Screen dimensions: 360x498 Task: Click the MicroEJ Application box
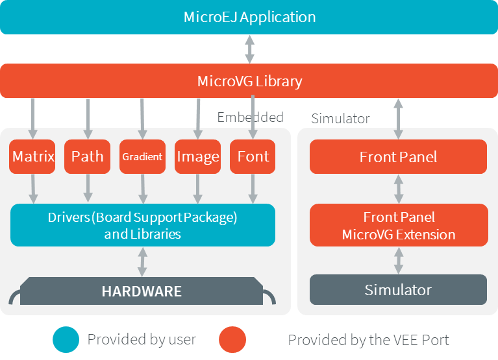coord(249,17)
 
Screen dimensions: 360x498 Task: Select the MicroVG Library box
coord(249,81)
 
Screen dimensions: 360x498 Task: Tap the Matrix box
coord(32,157)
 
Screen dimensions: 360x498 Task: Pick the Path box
coord(87,157)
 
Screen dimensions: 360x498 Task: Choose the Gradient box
coord(142,157)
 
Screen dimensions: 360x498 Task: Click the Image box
coord(197,157)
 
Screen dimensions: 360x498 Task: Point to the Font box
coord(253,157)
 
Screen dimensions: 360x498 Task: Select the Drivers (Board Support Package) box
coord(142,225)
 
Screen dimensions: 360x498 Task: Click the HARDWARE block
coord(142,291)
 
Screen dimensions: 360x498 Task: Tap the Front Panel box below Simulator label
coord(398,157)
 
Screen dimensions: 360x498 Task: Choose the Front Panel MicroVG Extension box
coord(398,225)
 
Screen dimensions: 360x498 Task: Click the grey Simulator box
coord(398,289)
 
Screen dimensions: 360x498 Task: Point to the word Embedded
coord(250,117)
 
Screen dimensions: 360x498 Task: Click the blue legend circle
coord(67,339)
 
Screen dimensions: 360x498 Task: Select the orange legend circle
coord(232,339)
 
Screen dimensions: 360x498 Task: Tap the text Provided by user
coord(142,339)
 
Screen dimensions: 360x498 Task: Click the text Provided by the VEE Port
coord(368,339)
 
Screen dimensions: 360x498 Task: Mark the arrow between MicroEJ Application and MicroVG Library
coord(249,49)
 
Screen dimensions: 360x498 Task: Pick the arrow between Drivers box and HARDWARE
coord(142,261)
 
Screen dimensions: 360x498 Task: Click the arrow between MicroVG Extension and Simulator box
coord(398,260)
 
